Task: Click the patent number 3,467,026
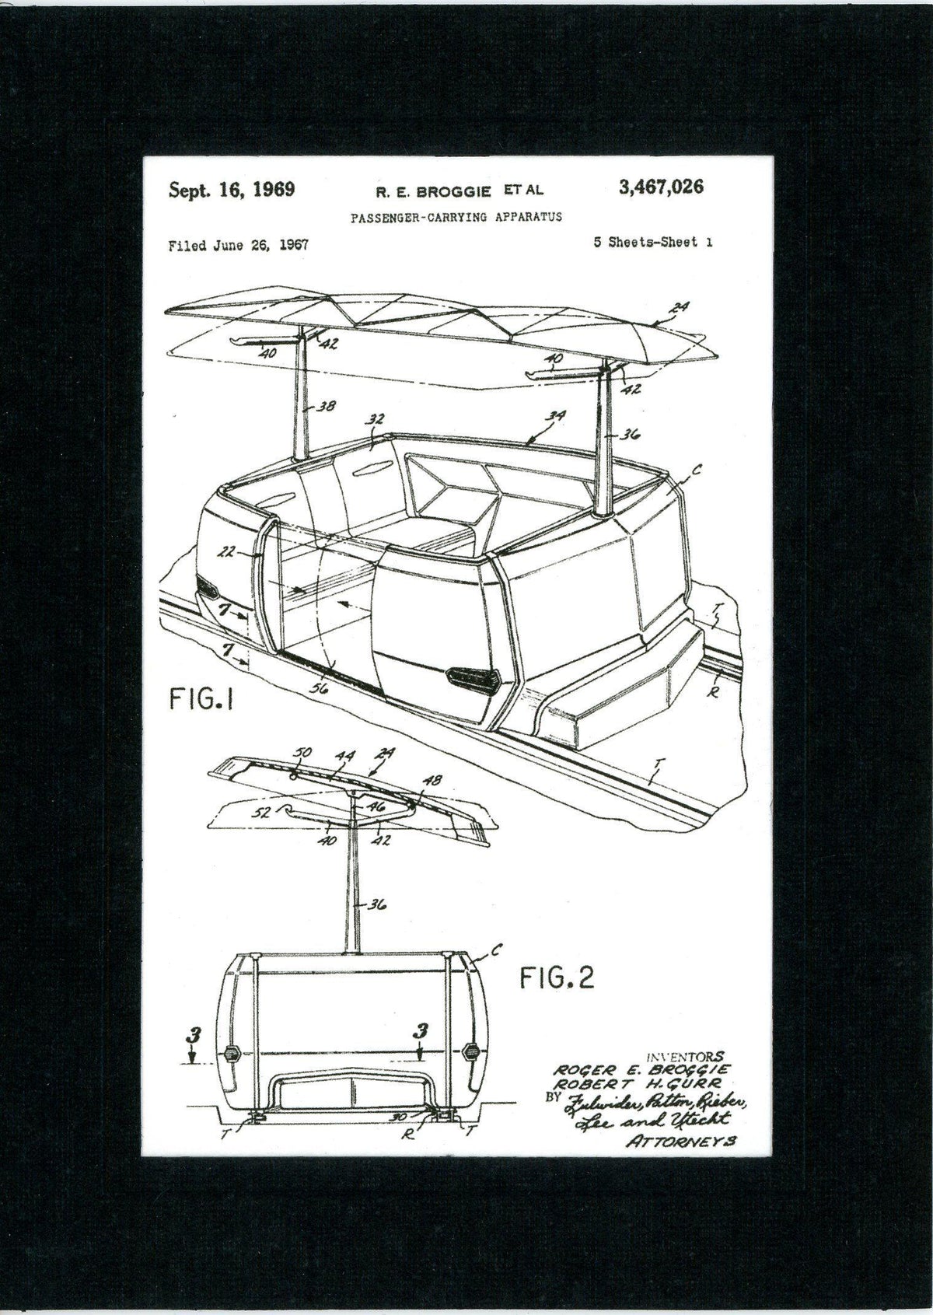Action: pos(661,187)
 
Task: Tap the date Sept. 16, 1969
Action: pos(232,190)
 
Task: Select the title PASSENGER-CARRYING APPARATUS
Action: pos(456,217)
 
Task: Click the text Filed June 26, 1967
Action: pos(238,245)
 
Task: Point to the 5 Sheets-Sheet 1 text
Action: pos(652,242)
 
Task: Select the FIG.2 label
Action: pos(556,977)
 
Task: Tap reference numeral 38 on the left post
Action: pos(327,406)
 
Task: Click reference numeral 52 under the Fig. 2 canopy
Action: pos(265,813)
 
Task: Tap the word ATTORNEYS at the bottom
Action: pos(680,1140)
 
